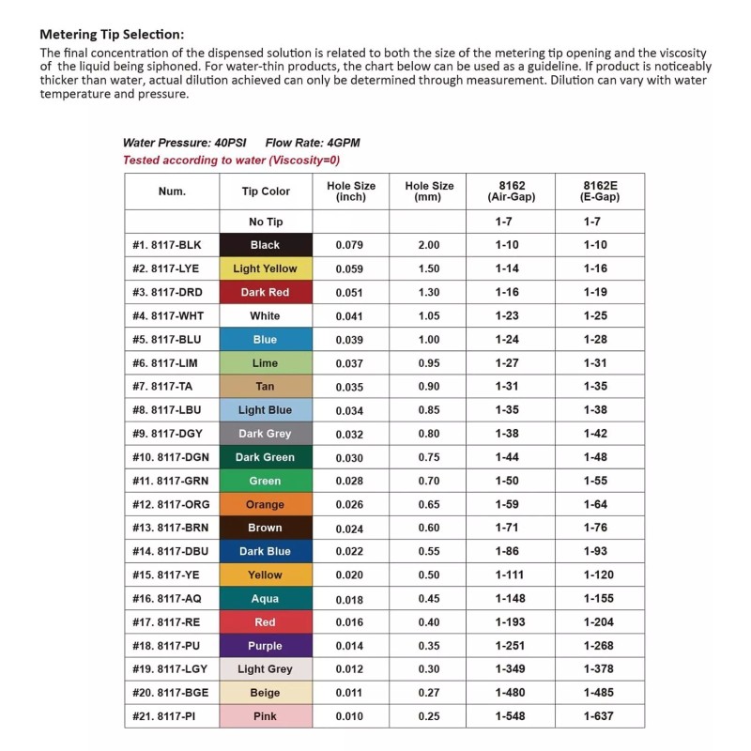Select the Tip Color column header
tap(265, 192)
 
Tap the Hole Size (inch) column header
tap(351, 192)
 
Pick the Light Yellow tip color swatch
tap(265, 268)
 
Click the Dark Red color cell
tap(265, 292)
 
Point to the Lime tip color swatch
tap(265, 363)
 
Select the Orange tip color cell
tap(265, 504)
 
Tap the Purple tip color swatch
tap(265, 646)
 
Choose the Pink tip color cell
tap(265, 716)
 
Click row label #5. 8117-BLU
tap(168, 340)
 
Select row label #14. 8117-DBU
tap(168, 551)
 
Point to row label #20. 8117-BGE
tap(168, 693)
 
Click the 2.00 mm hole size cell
tap(428, 245)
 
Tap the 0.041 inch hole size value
tap(351, 316)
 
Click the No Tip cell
tap(265, 222)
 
